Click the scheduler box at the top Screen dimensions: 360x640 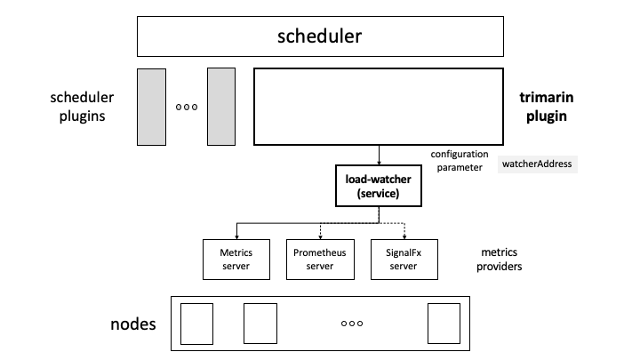319,37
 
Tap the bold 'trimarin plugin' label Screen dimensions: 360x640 543,105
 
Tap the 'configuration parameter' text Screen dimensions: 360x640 459,160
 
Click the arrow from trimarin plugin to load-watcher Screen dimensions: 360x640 380,154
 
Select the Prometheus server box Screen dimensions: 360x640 319,259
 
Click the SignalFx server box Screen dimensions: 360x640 404,259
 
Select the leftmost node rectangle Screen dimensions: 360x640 197,324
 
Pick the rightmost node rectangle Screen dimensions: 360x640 444,324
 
